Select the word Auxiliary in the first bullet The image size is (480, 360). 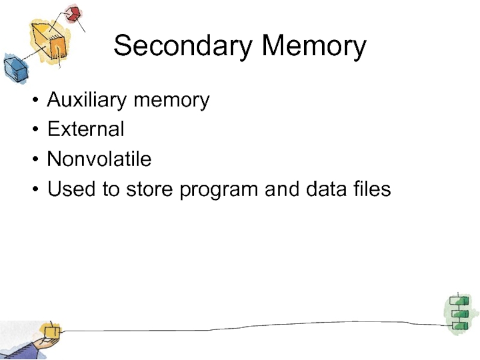coord(87,100)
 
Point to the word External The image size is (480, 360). coord(86,129)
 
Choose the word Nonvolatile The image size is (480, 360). coord(100,159)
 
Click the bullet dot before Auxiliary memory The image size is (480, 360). coord(38,100)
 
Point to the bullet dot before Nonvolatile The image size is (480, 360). coord(38,160)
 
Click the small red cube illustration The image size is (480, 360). coord(73,13)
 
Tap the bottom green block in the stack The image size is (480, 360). coord(460,325)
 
